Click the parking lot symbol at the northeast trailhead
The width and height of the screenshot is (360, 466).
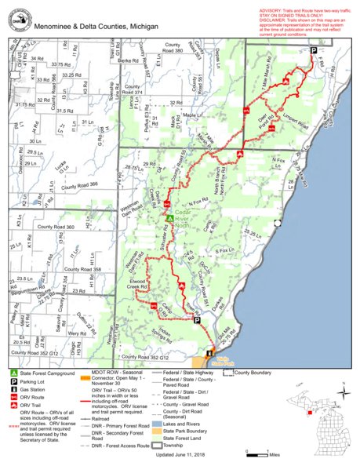click(x=313, y=50)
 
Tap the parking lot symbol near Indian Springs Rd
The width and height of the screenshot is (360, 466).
click(x=196, y=320)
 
